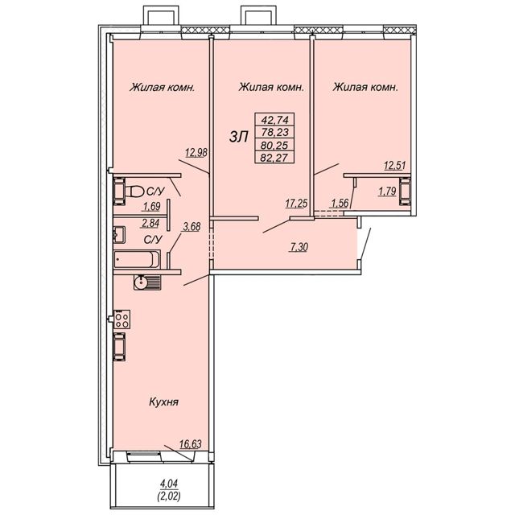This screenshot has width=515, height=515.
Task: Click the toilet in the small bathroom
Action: (x=134, y=192)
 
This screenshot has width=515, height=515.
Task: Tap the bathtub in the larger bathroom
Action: (x=137, y=259)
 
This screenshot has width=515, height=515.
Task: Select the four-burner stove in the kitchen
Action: (x=122, y=319)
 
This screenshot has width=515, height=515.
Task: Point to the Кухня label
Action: (x=163, y=402)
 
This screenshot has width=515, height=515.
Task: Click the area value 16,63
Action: (x=191, y=444)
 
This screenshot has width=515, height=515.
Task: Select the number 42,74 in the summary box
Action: (x=274, y=120)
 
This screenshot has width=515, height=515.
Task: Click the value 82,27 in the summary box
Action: (x=274, y=158)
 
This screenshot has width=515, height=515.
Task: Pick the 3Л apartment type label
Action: (x=238, y=137)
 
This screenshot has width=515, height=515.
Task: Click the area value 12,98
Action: (x=196, y=152)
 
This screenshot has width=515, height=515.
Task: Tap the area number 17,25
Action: (x=296, y=204)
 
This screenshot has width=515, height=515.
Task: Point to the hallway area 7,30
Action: (x=299, y=247)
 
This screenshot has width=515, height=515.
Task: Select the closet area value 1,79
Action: (x=387, y=192)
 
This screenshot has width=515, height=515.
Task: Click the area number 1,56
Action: (x=339, y=204)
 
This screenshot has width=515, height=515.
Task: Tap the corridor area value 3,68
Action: (x=192, y=226)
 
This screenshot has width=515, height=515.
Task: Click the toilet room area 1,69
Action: (x=151, y=206)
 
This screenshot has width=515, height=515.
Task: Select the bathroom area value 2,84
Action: (x=150, y=224)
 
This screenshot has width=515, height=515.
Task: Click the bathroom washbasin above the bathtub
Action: (x=119, y=234)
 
